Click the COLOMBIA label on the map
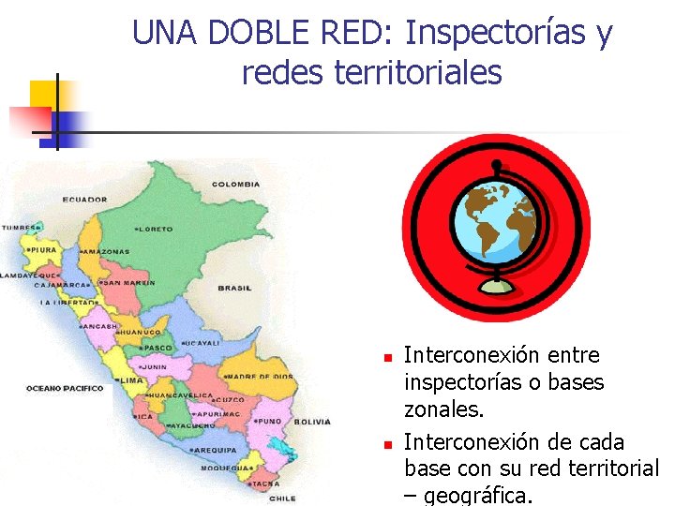235,185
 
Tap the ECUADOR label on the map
84,200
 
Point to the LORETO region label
157,229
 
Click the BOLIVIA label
312,422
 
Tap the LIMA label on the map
130,381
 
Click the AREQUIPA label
215,450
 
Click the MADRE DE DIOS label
257,377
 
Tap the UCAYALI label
201,343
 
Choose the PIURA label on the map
43,250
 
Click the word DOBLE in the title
262,34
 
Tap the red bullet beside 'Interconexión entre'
384,357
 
